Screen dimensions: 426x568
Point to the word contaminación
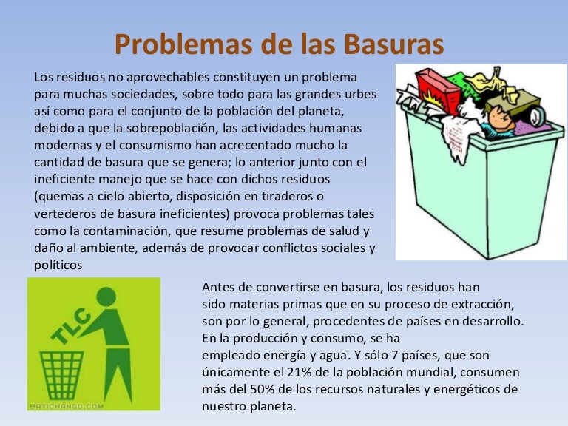point(108,231)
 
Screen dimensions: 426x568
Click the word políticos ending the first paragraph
point(58,265)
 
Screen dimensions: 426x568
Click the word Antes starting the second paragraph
point(218,287)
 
